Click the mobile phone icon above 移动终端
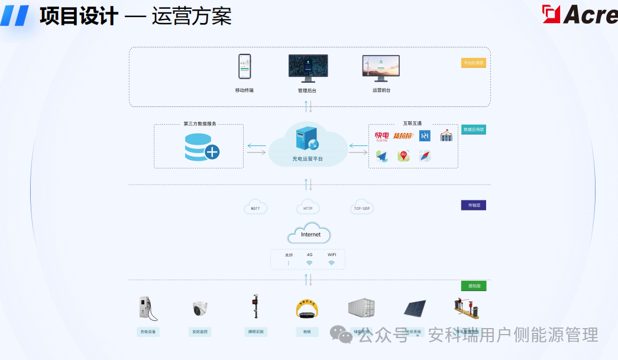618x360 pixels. [x=244, y=67]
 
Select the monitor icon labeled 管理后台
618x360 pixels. [x=308, y=68]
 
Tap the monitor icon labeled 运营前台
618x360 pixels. [x=381, y=68]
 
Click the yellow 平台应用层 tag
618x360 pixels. [x=473, y=63]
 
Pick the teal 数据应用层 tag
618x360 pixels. [x=473, y=129]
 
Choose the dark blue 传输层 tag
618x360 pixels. [x=473, y=205]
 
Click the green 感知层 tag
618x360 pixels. [x=473, y=286]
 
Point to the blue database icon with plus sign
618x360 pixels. [x=201, y=147]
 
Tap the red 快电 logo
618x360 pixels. [x=382, y=137]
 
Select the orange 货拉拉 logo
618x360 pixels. [x=403, y=136]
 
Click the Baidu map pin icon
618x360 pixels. [x=404, y=155]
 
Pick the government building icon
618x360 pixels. [x=446, y=136]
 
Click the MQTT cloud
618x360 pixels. [x=255, y=207]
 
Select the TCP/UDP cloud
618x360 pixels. [x=362, y=207]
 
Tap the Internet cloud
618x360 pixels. [x=310, y=233]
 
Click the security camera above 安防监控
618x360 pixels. [x=200, y=309]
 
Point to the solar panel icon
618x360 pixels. [x=414, y=309]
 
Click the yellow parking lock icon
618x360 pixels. [x=308, y=309]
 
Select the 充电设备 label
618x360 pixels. [x=147, y=332]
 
